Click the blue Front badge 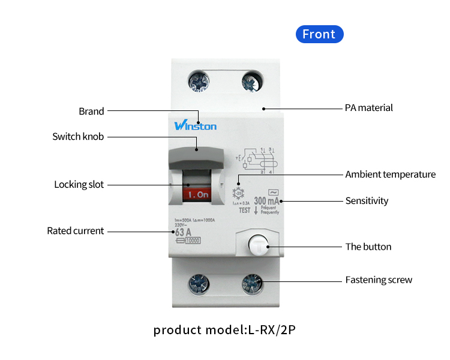(319, 34)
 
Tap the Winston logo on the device (196, 125)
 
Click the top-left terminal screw (198, 82)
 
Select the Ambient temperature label (391, 175)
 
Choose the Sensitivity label (367, 201)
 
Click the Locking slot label (79, 185)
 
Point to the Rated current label (75, 231)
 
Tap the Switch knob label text (78, 137)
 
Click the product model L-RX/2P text (224, 330)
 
